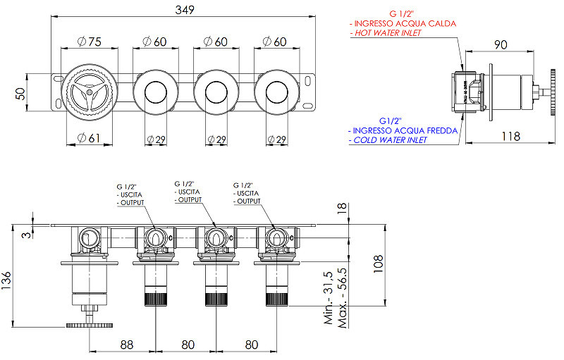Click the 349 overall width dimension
pyautogui.click(x=185, y=10)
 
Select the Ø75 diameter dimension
pyautogui.click(x=90, y=42)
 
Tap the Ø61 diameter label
pyautogui.click(x=89, y=137)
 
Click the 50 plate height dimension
pyautogui.click(x=21, y=94)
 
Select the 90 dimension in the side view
pyautogui.click(x=501, y=44)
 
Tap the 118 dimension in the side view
pyautogui.click(x=510, y=136)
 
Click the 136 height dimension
pyautogui.click(x=6, y=281)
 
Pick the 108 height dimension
pyautogui.click(x=378, y=264)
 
